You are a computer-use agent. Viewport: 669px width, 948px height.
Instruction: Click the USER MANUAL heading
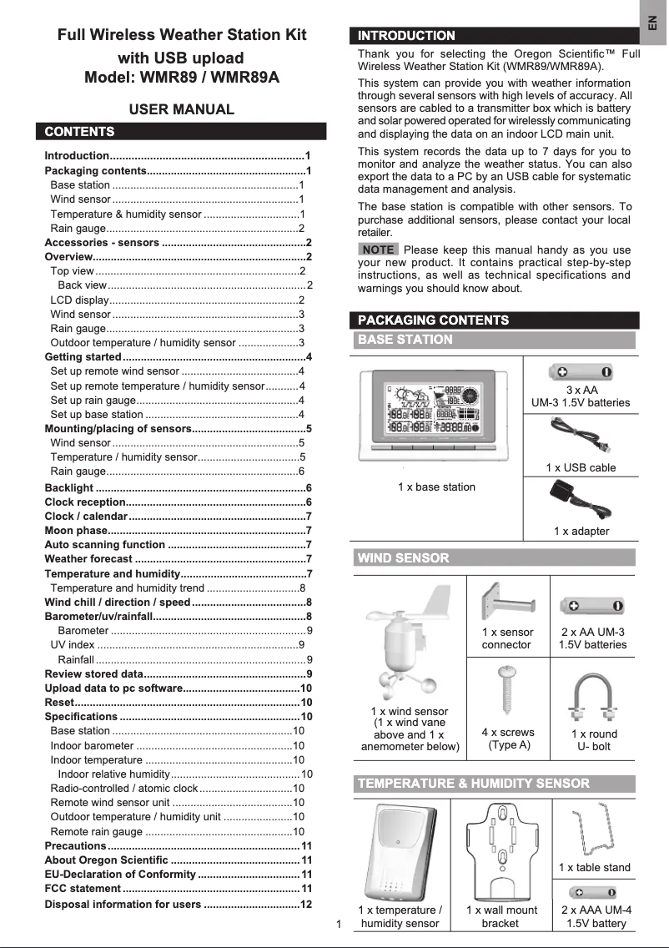[181, 109]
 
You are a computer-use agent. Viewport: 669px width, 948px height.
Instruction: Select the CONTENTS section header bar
[181, 132]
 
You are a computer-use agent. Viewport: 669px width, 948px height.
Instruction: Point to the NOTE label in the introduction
[379, 250]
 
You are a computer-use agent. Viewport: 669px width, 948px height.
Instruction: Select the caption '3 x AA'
[581, 390]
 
